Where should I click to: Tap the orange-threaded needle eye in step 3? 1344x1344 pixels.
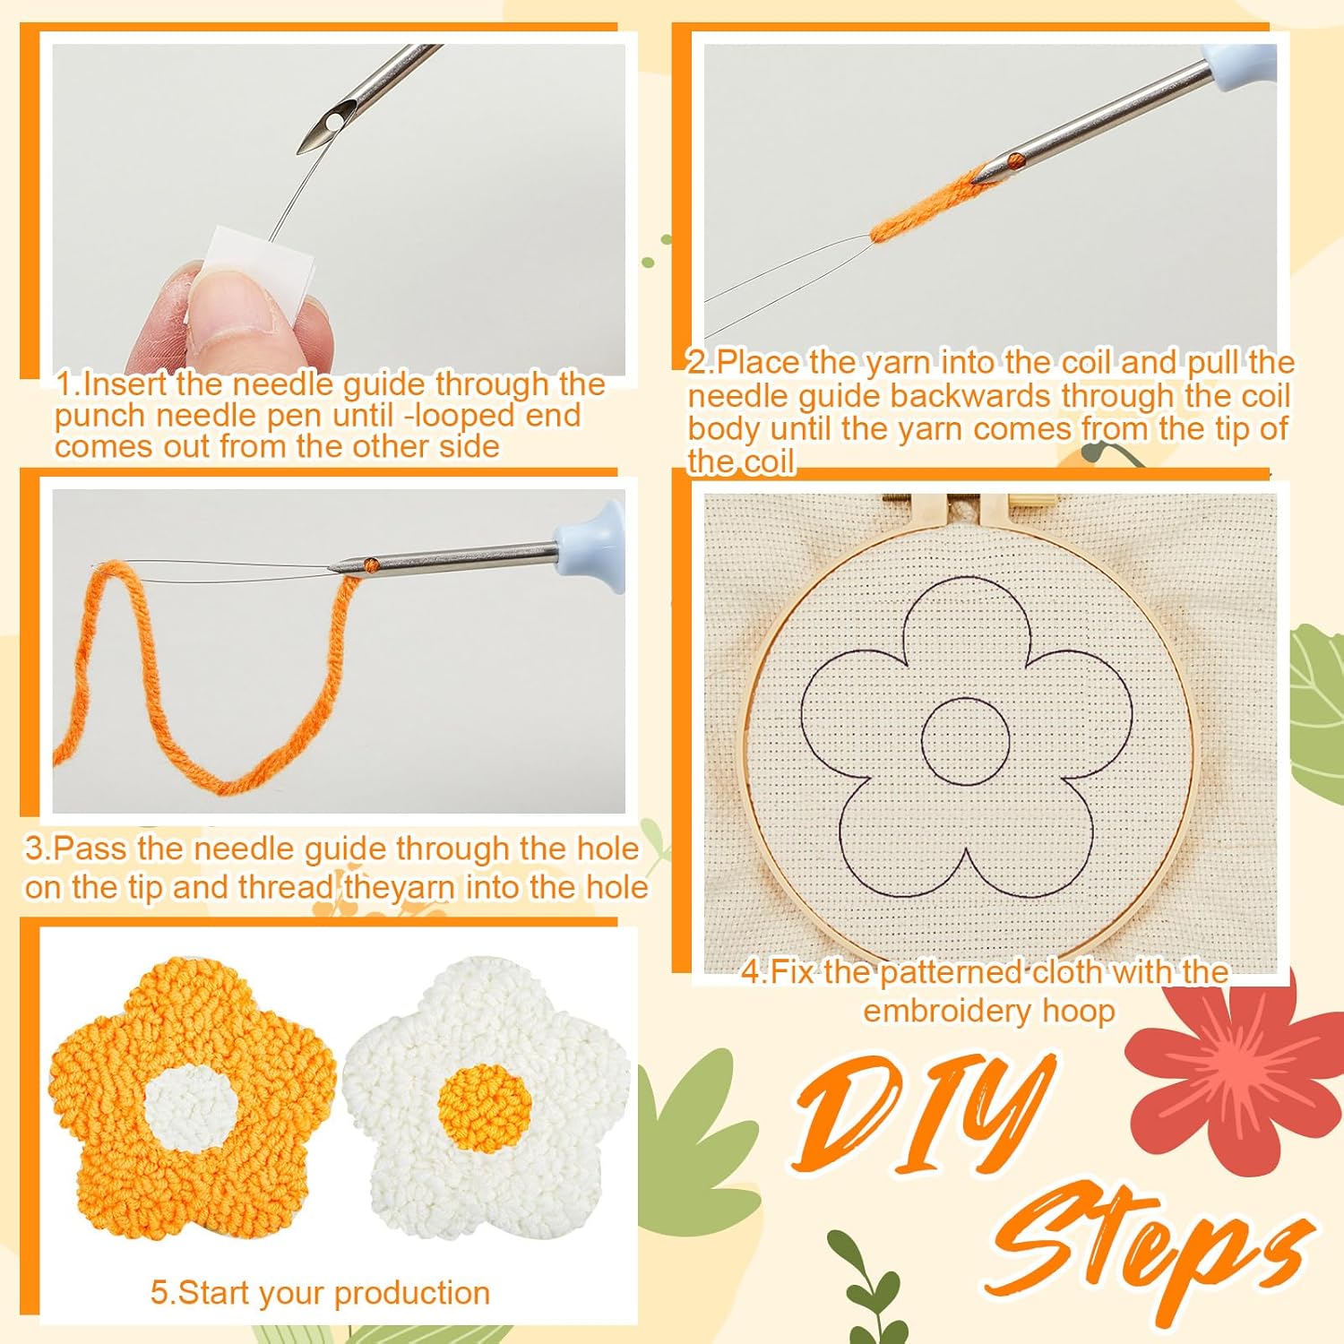(x=370, y=565)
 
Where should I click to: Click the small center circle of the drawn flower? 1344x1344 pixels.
(x=965, y=740)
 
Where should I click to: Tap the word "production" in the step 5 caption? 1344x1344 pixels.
(x=411, y=1293)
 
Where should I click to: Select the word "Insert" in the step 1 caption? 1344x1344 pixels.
(x=126, y=384)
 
